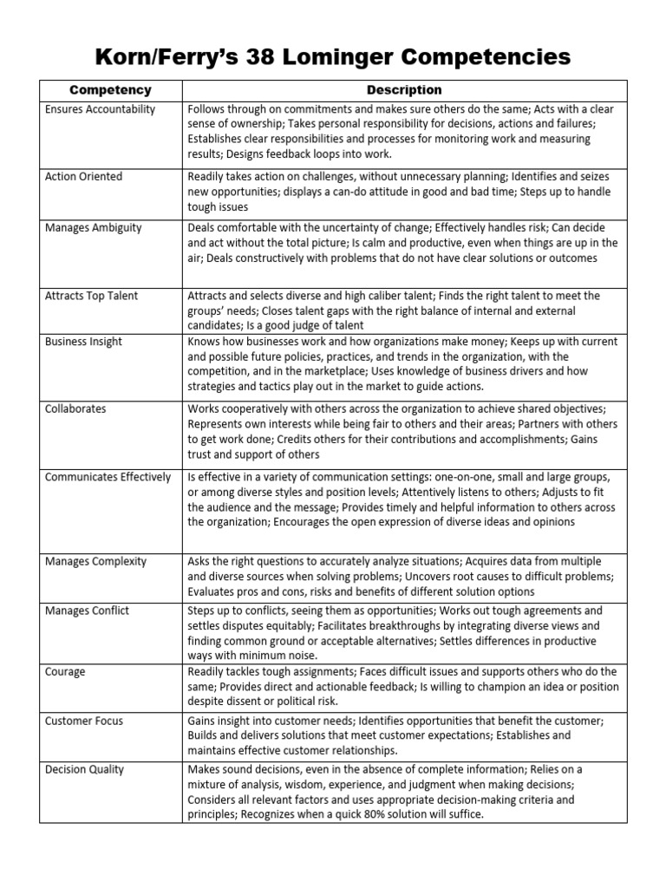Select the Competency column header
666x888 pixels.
tap(110, 90)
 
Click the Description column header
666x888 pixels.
tap(404, 90)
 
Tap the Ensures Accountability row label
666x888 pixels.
tap(101, 109)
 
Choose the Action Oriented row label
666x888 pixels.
tap(84, 177)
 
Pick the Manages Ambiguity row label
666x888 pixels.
tap(94, 228)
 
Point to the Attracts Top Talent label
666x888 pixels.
tap(91, 296)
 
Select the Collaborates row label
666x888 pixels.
tap(76, 408)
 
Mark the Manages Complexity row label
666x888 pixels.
tap(95, 561)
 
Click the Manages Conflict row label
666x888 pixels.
tap(87, 610)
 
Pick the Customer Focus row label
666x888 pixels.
tap(84, 721)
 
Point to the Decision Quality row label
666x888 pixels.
tap(85, 769)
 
